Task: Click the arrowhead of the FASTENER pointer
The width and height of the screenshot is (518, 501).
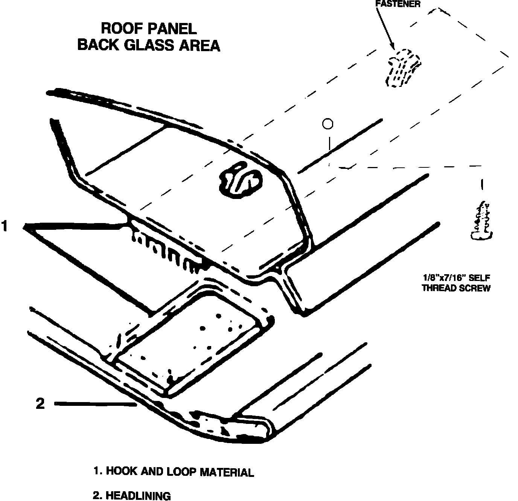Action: tap(392, 47)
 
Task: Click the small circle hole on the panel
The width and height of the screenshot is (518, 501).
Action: tap(328, 123)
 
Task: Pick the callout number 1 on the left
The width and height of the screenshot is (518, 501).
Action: tap(5, 226)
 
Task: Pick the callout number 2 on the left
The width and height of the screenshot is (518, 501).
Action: tap(40, 404)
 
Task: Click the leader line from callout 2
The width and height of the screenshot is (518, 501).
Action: tap(96, 404)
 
